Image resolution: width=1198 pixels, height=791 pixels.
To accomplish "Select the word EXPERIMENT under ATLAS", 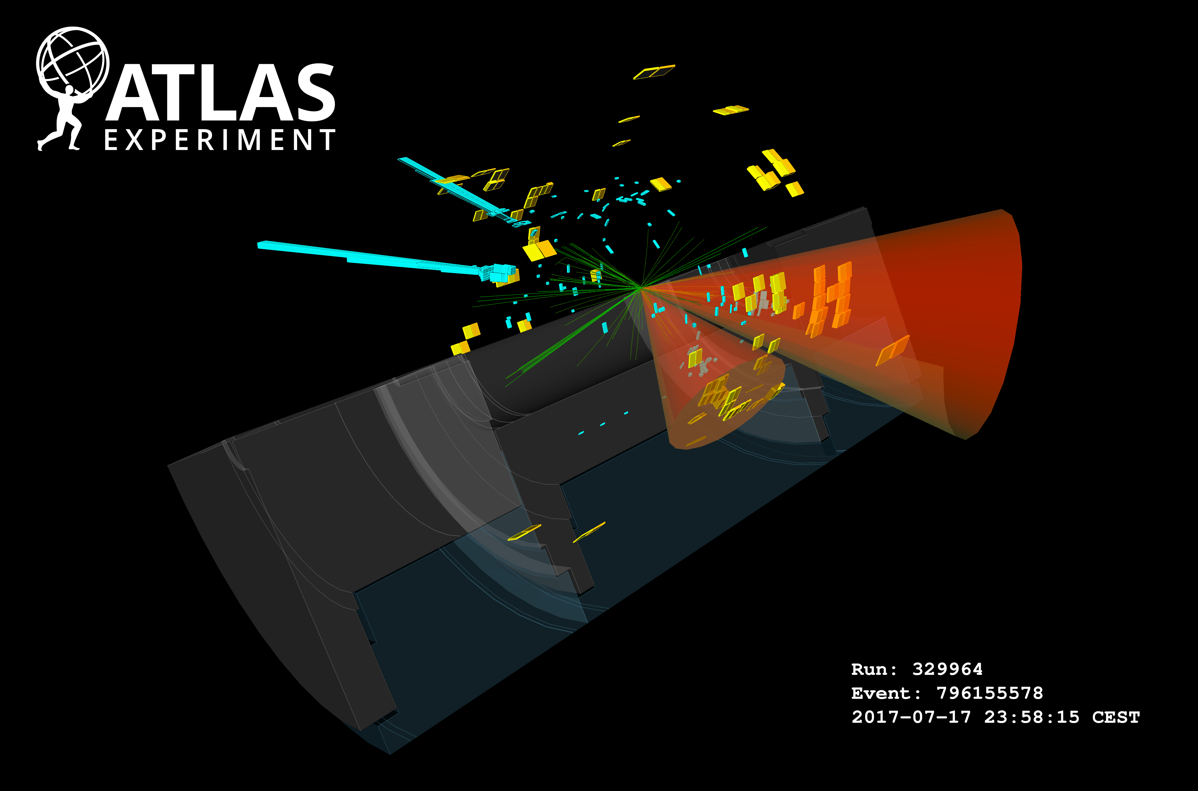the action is click(x=220, y=140).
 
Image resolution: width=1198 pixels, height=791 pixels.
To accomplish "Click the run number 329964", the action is click(x=947, y=669).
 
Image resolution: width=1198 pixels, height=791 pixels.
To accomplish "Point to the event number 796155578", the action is click(x=990, y=693).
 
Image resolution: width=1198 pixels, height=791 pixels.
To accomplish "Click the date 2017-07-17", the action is click(x=911, y=717).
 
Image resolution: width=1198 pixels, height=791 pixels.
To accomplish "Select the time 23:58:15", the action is click(x=1031, y=717).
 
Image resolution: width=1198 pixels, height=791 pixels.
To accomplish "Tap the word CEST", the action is click(x=1116, y=717).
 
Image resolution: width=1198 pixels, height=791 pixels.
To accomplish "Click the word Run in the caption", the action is click(x=869, y=669).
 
